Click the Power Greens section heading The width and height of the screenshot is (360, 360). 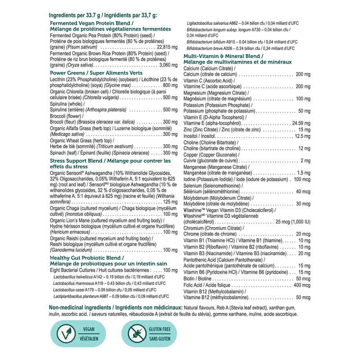click(x=96, y=73)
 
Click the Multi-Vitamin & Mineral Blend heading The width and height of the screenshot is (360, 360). click(x=224, y=56)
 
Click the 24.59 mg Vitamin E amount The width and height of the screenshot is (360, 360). click(x=301, y=123)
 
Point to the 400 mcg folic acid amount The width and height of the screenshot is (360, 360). click(x=301, y=285)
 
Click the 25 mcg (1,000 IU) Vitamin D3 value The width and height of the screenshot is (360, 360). click(x=293, y=222)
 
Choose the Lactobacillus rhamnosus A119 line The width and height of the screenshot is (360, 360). click(x=111, y=283)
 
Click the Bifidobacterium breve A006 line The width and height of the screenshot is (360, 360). click(x=241, y=48)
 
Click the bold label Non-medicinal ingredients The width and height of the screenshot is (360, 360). click(x=115, y=307)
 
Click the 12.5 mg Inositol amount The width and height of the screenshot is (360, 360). click(x=302, y=136)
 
